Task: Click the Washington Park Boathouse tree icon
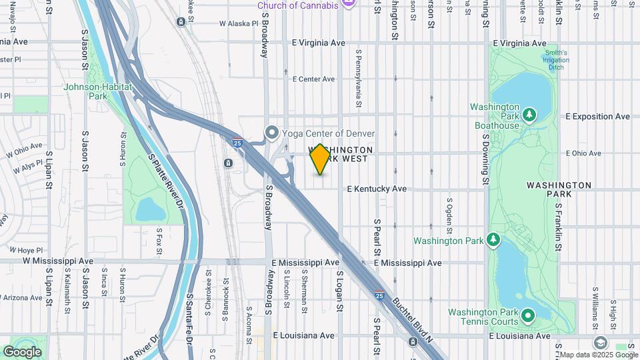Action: pyautogui.click(x=529, y=115)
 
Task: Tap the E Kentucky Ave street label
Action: pyautogui.click(x=377, y=189)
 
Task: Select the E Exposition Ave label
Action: pyautogui.click(x=597, y=117)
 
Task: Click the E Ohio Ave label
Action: pyautogui.click(x=584, y=153)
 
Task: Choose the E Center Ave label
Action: pyautogui.click(x=313, y=79)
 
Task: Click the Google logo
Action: pyautogui.click(x=23, y=351)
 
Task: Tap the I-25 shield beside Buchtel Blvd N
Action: pyautogui.click(x=379, y=295)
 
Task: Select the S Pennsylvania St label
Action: pyautogui.click(x=359, y=78)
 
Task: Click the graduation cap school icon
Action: pyautogui.click(x=600, y=343)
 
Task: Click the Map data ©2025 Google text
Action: pyautogui.click(x=597, y=355)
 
